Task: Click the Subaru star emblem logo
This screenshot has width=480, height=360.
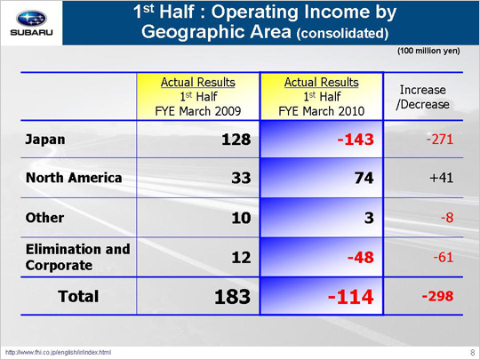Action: tap(31, 18)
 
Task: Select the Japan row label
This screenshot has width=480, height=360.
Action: tap(45, 140)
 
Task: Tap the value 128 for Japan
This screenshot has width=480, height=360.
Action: tap(236, 140)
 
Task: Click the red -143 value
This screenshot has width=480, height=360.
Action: tap(356, 140)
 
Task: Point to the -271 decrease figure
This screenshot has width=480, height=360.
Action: tap(440, 140)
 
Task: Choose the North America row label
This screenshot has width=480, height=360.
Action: tap(74, 178)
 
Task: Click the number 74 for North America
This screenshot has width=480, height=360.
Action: tap(364, 178)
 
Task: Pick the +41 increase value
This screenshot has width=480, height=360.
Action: tap(441, 178)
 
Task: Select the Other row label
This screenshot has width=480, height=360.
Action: tap(44, 218)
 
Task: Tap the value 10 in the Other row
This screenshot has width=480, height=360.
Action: tap(241, 218)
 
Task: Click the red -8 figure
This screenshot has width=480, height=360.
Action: tap(447, 218)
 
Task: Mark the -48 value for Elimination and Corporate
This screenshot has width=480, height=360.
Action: tap(361, 257)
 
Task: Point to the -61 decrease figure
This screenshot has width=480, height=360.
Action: tap(444, 257)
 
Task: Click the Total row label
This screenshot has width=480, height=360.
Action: tap(78, 296)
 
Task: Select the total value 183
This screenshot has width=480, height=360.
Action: tap(232, 297)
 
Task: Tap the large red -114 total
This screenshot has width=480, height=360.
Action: tap(351, 297)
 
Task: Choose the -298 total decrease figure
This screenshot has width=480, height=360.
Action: tap(437, 296)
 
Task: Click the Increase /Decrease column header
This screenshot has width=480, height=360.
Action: tap(423, 97)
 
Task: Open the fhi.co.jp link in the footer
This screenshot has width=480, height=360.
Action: tap(58, 353)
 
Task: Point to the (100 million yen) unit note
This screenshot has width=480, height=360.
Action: tap(428, 51)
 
